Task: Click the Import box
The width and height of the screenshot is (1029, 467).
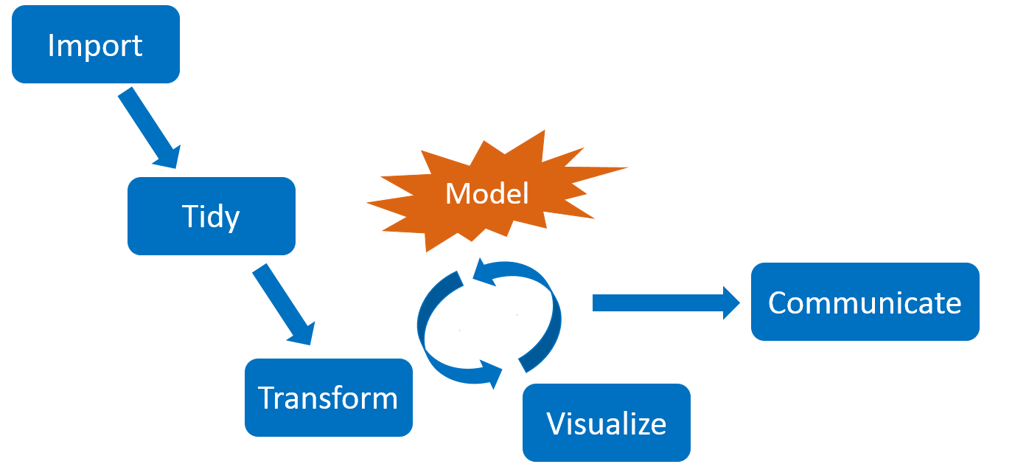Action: coord(96,44)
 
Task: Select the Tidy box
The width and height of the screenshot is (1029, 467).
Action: coord(212,216)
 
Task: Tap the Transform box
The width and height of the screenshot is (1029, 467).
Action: coord(328,398)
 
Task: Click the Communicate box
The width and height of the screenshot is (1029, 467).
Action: coord(865,302)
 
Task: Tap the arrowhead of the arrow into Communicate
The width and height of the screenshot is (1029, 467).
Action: coord(731,302)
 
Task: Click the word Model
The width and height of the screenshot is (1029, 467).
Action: coord(487,193)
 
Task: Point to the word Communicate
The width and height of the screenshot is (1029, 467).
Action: coord(865,302)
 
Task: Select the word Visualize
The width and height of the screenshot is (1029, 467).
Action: coord(606,423)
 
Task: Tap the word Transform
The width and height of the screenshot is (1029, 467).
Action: coord(328,398)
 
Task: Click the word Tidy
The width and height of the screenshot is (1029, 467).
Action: coord(212,216)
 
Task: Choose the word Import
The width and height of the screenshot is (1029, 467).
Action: coord(96,45)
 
